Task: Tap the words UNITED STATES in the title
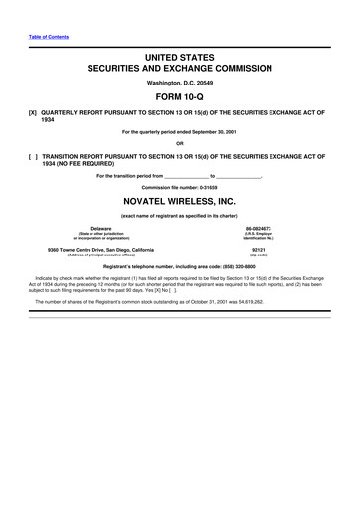(x=180, y=61)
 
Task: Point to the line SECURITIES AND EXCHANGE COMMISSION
(x=180, y=72)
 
